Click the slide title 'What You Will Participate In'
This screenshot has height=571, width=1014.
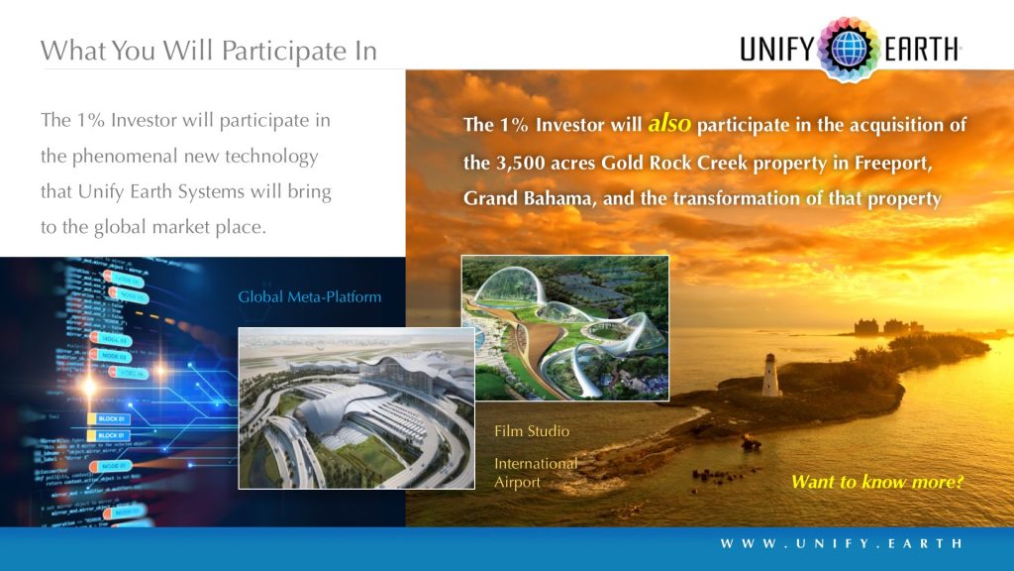click(x=208, y=51)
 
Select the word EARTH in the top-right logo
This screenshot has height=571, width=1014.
click(x=921, y=48)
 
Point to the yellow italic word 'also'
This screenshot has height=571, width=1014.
click(x=670, y=125)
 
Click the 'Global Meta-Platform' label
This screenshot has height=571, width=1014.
click(x=309, y=296)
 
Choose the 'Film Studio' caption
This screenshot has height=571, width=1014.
click(x=532, y=431)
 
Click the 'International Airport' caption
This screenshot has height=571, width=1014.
click(x=535, y=473)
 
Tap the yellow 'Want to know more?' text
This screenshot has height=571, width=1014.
click(x=876, y=483)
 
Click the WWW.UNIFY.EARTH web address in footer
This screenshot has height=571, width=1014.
click(x=841, y=543)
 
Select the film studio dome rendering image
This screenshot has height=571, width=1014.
click(x=564, y=328)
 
